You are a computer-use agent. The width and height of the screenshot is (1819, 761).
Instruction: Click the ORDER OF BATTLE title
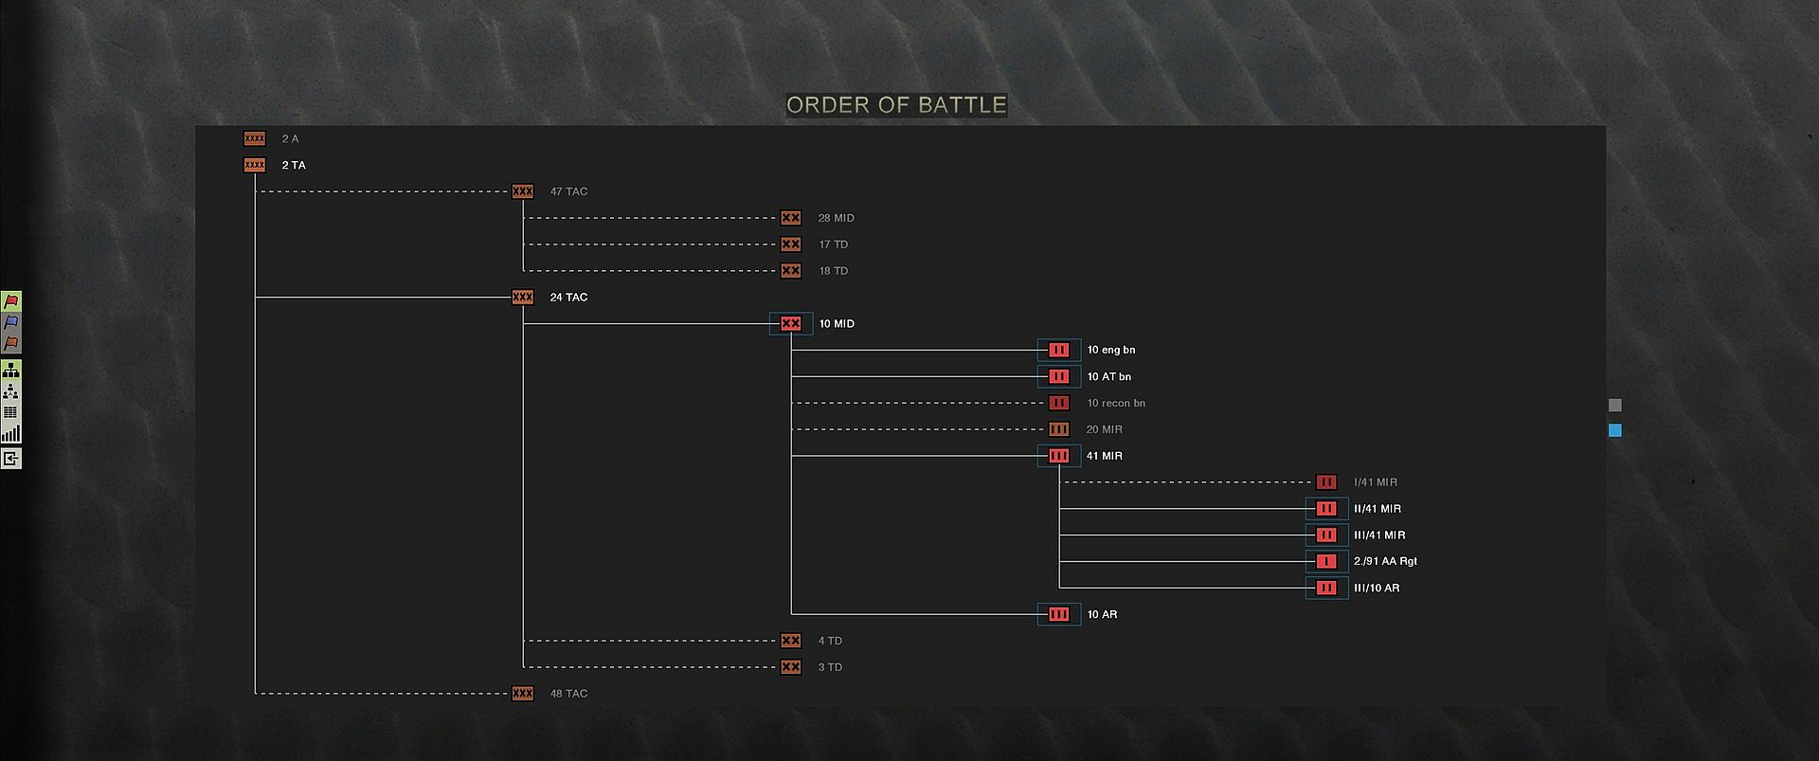(895, 104)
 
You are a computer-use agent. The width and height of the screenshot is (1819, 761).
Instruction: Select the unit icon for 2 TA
(255, 165)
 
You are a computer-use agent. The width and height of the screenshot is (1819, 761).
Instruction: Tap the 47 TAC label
(568, 191)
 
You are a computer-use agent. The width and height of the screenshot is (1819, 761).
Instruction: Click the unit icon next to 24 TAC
(522, 298)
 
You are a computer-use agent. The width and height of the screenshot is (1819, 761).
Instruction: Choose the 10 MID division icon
(791, 324)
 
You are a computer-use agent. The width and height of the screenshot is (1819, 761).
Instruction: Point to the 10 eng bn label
(1110, 351)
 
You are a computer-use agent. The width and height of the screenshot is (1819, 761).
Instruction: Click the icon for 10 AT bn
(1058, 377)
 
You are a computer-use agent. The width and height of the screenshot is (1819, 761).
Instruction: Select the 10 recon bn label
(1115, 404)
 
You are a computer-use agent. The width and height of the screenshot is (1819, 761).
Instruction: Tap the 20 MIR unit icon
(1058, 429)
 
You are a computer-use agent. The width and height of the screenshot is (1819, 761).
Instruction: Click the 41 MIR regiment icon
(1058, 456)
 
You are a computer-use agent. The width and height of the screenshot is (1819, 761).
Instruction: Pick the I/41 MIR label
(1375, 482)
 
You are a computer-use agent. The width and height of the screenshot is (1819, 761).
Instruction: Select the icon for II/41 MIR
(1326, 509)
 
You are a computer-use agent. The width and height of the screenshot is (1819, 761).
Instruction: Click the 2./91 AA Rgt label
(1385, 562)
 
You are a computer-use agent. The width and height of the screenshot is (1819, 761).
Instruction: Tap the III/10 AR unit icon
(1326, 589)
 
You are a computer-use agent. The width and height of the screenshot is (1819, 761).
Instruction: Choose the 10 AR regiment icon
(1058, 615)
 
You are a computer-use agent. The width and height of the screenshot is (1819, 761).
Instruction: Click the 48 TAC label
(568, 694)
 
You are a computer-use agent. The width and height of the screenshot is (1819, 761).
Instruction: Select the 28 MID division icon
(791, 218)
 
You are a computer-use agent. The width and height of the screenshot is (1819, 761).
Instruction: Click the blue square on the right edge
(1615, 430)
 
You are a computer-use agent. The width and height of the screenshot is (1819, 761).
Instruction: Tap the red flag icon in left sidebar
(11, 301)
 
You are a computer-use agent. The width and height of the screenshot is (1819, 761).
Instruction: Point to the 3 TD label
(830, 667)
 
